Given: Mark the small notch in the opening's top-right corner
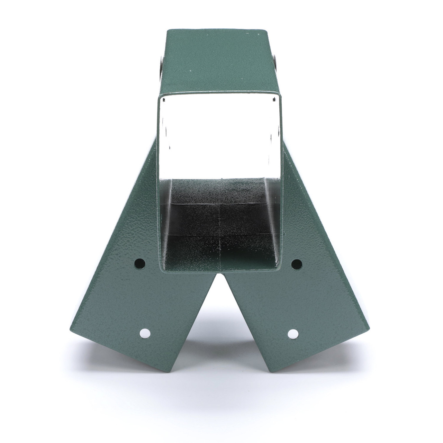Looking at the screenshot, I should coord(273,99).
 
